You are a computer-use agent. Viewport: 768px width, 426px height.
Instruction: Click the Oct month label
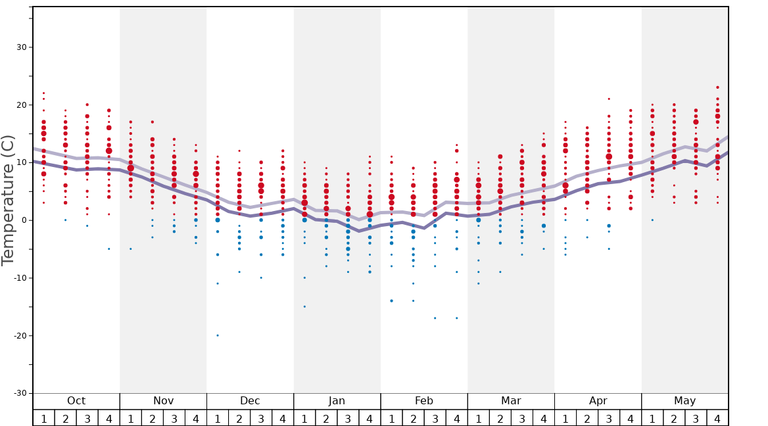76,401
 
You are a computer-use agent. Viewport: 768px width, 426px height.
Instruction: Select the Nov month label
163,401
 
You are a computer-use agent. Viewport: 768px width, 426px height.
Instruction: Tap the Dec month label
250,401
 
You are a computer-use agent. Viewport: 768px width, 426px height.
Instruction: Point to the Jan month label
337,401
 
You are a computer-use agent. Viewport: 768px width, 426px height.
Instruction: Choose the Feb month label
424,401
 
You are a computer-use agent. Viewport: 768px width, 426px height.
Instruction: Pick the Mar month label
511,401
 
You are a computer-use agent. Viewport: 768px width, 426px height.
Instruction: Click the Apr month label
598,401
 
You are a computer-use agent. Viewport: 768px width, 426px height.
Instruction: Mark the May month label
684,401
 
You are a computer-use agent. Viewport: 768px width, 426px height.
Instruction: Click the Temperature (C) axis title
8,200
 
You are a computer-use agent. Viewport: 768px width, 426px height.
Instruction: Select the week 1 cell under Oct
44,418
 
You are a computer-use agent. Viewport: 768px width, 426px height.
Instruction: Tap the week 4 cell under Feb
456,418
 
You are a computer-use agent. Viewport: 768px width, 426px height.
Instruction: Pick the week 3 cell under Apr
609,418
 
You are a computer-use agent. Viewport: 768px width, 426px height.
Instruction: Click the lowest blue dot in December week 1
218,335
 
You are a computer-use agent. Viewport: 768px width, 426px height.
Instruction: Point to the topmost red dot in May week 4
717,87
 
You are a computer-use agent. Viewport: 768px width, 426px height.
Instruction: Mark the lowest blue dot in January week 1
304,306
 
